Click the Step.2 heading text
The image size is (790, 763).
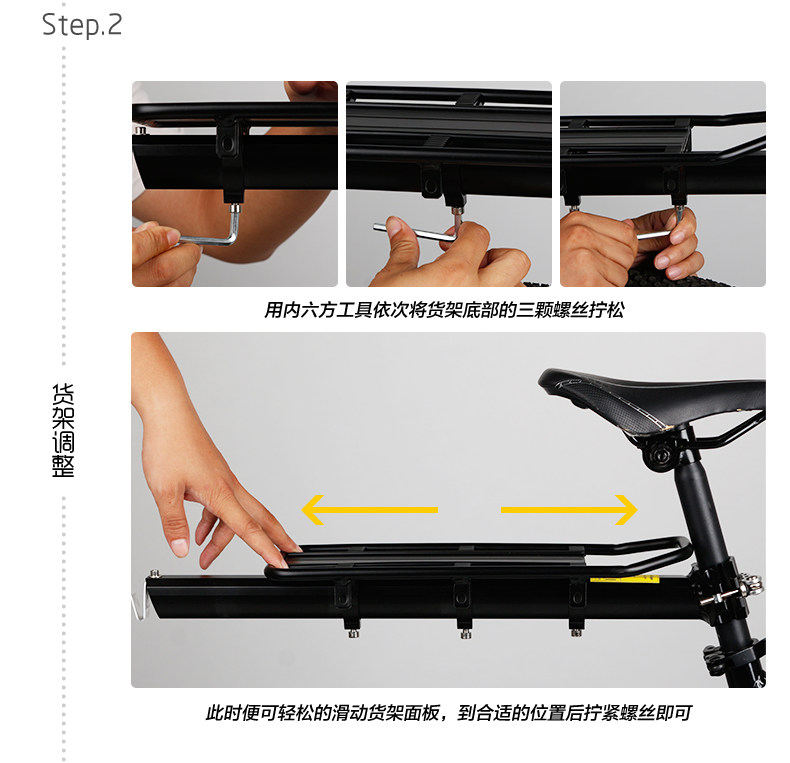(82, 24)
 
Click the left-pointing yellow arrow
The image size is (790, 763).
(369, 510)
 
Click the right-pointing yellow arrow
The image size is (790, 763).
(568, 510)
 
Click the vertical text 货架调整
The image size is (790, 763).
(63, 430)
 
